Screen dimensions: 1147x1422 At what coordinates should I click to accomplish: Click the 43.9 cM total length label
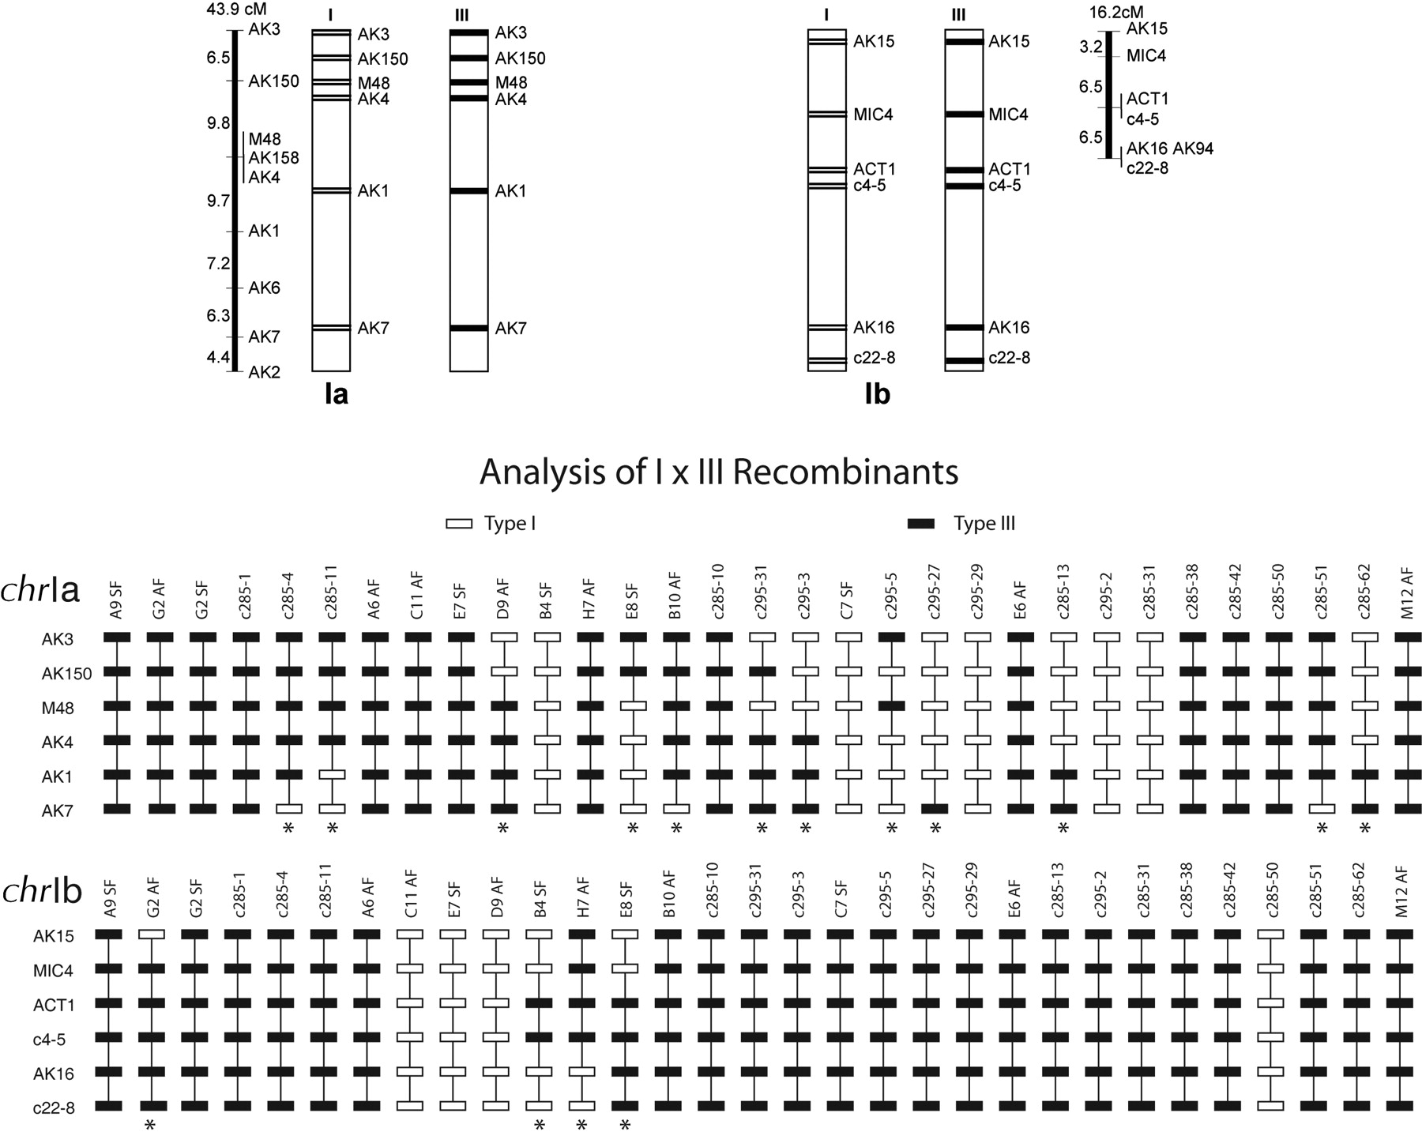(x=236, y=9)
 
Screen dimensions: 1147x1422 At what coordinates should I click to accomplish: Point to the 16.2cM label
(x=1115, y=13)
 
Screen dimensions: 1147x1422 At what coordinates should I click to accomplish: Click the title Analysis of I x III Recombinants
(x=718, y=472)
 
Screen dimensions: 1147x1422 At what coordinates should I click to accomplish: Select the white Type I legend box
(x=459, y=524)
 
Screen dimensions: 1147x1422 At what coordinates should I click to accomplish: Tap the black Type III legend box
(x=920, y=524)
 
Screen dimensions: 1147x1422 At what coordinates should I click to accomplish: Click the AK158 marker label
(x=273, y=158)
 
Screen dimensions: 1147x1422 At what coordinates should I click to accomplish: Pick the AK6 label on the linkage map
(x=264, y=288)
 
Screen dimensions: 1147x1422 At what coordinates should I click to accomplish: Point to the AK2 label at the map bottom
(x=264, y=373)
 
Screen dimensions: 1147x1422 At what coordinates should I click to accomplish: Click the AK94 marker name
(x=1194, y=149)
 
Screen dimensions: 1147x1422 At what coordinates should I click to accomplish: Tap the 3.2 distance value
(x=1091, y=47)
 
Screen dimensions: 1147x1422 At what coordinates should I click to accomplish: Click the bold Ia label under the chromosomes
(x=337, y=394)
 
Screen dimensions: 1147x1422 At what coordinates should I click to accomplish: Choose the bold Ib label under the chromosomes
(x=878, y=394)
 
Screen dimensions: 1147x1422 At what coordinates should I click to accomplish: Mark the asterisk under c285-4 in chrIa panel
(x=289, y=828)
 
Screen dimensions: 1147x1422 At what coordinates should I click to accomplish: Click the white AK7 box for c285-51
(x=1322, y=809)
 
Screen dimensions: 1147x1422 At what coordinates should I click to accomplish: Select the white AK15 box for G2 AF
(x=152, y=934)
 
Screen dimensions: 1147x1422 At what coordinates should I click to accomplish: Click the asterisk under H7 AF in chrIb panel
(x=581, y=1126)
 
